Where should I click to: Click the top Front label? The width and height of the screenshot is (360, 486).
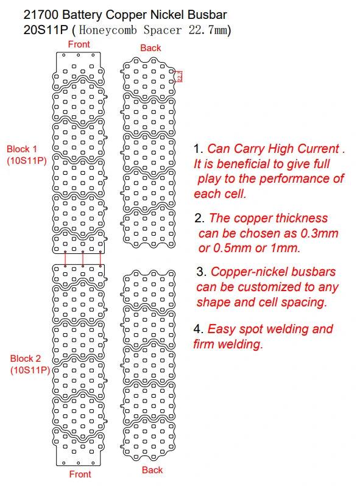(x=79, y=44)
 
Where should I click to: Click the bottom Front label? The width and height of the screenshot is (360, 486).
(x=80, y=474)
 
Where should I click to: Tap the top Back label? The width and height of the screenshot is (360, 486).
(x=150, y=48)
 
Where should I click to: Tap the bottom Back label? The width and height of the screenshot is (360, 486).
(x=152, y=470)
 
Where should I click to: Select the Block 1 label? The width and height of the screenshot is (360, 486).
(x=22, y=149)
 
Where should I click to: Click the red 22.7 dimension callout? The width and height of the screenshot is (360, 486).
(x=180, y=77)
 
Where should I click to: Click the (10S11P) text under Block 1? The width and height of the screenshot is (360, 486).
(x=26, y=161)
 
